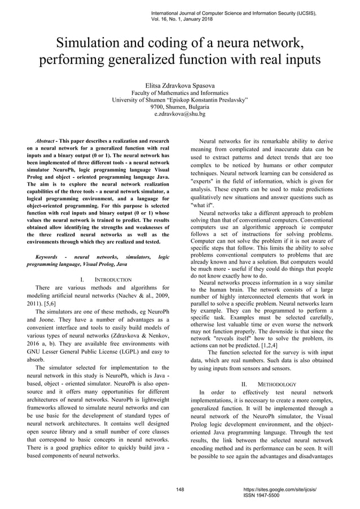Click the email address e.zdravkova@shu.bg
pyautogui.click(x=179, y=113)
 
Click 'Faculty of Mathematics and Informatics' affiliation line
pyautogui.click(x=179, y=93)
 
